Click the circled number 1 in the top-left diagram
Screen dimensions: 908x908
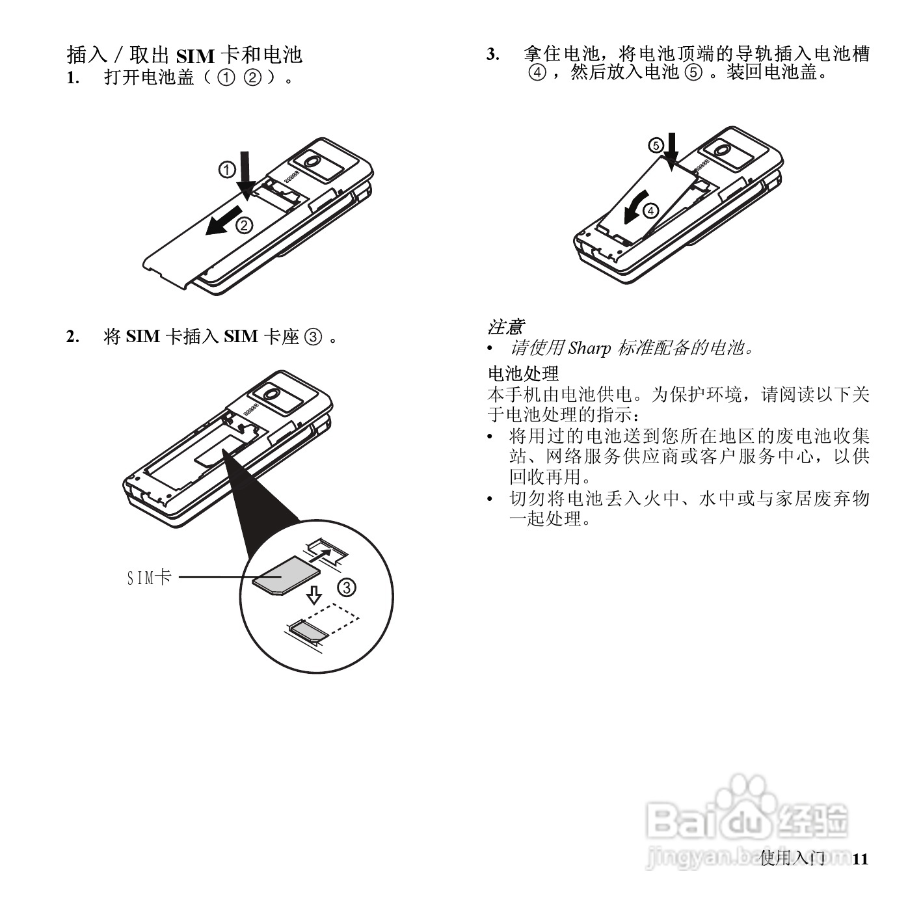(x=226, y=170)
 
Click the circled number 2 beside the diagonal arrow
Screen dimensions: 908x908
(x=243, y=226)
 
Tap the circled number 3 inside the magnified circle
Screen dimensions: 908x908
(x=347, y=588)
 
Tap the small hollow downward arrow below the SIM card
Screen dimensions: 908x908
(x=314, y=594)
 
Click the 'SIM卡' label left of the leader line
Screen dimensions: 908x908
(x=149, y=577)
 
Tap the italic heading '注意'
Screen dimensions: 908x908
(x=505, y=327)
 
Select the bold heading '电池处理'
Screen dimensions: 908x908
(x=523, y=374)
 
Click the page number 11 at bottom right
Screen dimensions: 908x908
(x=860, y=859)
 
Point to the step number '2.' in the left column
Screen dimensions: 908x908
(x=73, y=337)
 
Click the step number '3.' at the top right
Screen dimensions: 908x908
(x=494, y=55)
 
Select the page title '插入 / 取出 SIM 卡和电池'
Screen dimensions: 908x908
(x=185, y=55)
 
